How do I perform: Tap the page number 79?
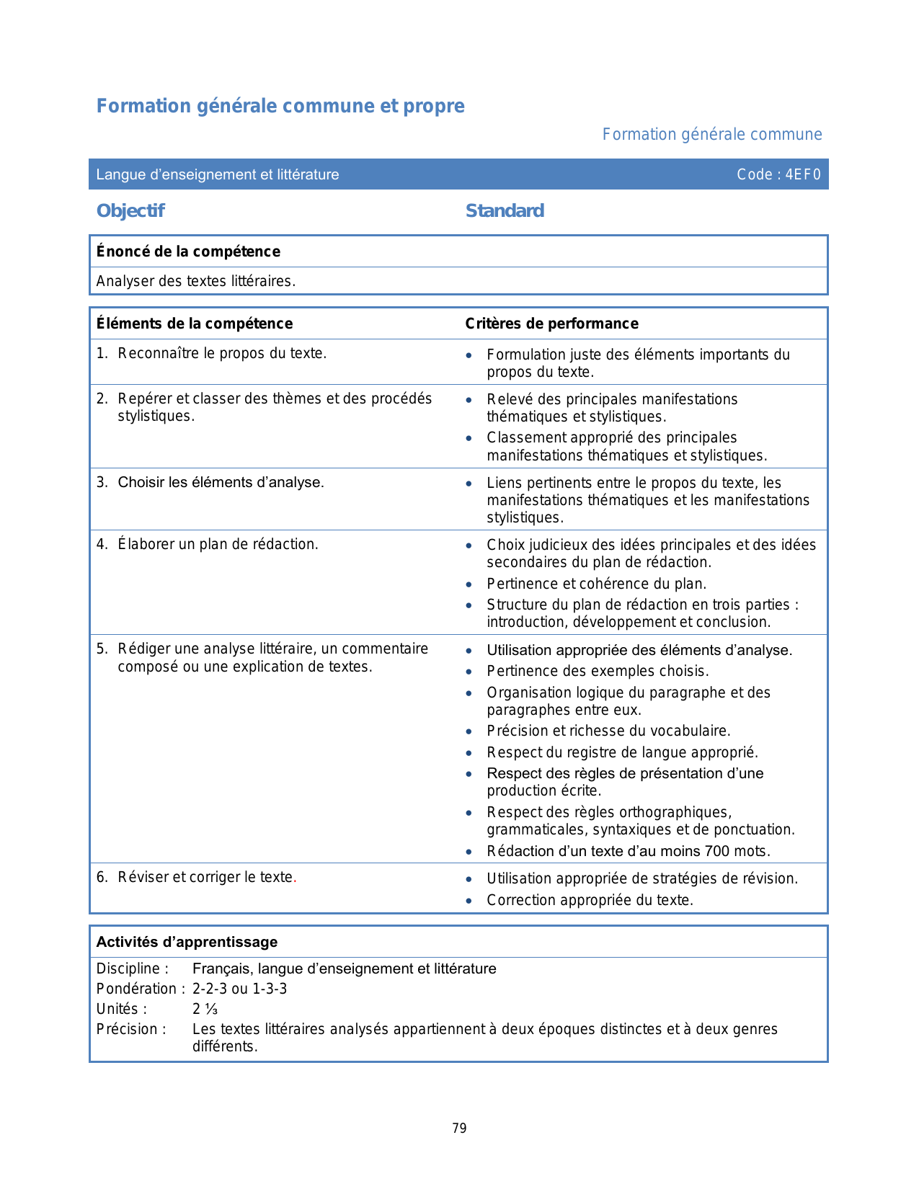460,1128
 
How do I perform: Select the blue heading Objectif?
130,211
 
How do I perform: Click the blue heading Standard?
505,211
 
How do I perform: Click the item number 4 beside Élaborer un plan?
101,544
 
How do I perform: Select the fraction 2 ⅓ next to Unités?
205,1009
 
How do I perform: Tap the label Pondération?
136,989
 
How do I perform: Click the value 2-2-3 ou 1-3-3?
239,989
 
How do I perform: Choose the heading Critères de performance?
551,324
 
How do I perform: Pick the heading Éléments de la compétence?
195,324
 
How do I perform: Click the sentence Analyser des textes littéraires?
196,281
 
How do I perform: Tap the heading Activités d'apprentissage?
187,942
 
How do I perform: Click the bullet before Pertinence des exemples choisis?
469,672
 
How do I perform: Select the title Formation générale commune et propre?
280,106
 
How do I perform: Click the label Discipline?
132,968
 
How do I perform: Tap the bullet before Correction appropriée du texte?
469,901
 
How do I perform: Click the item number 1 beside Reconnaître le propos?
101,353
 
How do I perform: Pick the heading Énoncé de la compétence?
188,251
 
